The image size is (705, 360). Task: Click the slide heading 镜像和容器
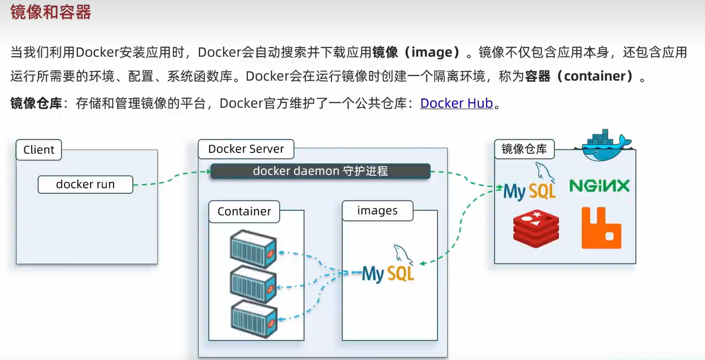[x=51, y=12]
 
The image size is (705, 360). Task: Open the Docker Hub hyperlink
[x=457, y=103]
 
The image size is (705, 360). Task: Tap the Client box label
[x=39, y=150]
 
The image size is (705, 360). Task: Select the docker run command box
[x=85, y=185]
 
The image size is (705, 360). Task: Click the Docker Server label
[x=246, y=149]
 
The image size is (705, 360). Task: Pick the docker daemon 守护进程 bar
[x=320, y=171]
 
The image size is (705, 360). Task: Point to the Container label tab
[x=244, y=211]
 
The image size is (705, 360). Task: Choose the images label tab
[x=377, y=211]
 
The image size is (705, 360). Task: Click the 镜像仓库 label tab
[x=524, y=149]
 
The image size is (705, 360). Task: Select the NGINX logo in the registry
[x=600, y=186]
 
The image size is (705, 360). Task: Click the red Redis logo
[x=536, y=228]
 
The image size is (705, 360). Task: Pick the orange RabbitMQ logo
[x=601, y=228]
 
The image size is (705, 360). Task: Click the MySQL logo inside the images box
[x=389, y=267]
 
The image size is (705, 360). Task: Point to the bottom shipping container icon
[x=254, y=318]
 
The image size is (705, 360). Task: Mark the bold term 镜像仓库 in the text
[x=37, y=103]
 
